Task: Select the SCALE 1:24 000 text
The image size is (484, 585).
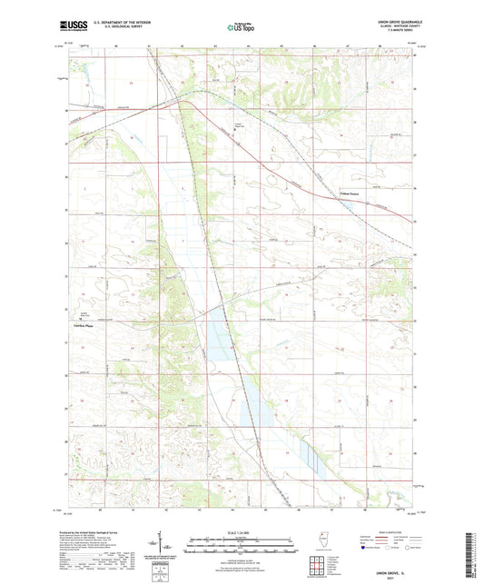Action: pyautogui.click(x=241, y=532)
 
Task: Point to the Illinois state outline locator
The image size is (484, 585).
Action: pyautogui.click(x=327, y=540)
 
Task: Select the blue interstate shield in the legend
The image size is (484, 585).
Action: pyautogui.click(x=367, y=549)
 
